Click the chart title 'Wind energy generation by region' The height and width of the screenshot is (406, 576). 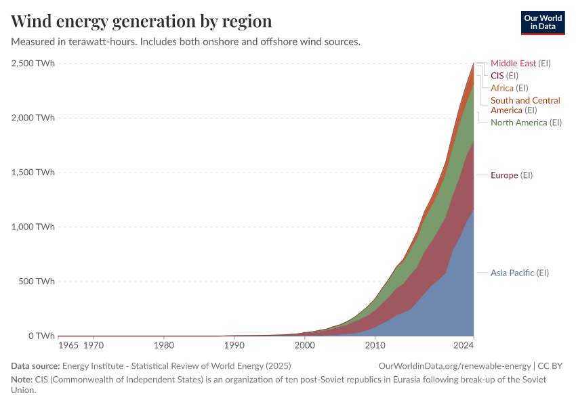point(142,21)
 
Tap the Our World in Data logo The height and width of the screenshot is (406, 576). point(542,22)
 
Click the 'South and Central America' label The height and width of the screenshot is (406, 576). point(524,105)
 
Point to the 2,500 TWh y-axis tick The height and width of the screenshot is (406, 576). point(33,63)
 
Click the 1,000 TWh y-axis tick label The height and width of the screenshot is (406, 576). point(33,227)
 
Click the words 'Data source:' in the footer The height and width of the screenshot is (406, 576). point(34,366)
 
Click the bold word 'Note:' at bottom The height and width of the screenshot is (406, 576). point(22,380)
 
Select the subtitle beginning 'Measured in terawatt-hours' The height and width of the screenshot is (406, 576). point(185,42)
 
